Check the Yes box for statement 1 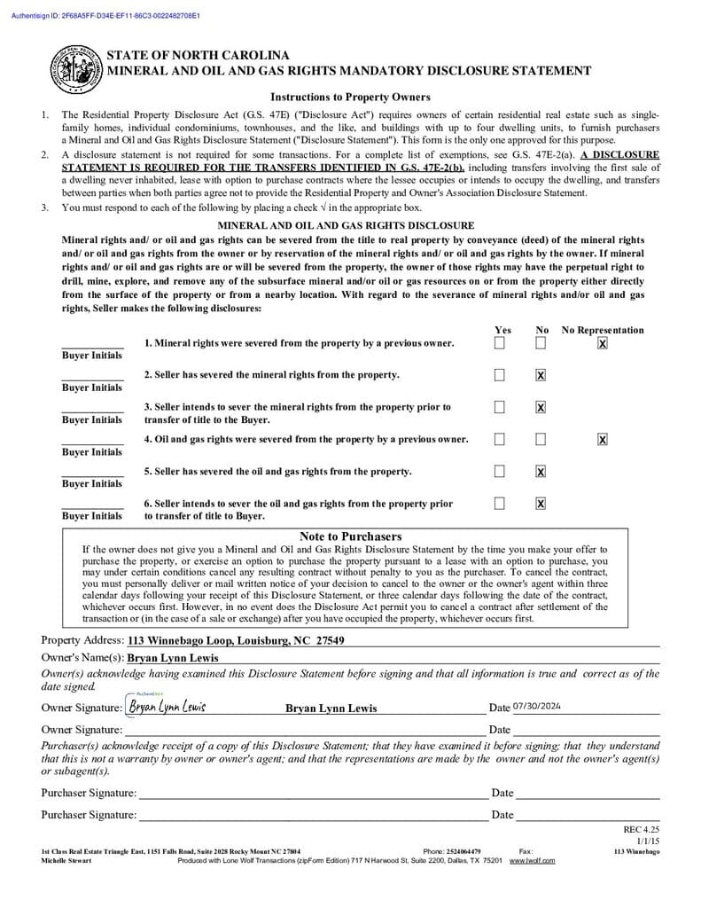click(x=500, y=343)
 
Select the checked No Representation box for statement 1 click(x=603, y=343)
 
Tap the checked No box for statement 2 click(x=541, y=375)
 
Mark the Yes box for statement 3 click(x=500, y=407)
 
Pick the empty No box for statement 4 click(x=541, y=439)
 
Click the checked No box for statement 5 click(x=541, y=471)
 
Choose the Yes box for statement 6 click(x=500, y=503)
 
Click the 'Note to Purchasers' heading click(x=350, y=536)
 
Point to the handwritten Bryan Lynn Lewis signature click(x=167, y=707)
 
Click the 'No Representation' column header click(x=603, y=330)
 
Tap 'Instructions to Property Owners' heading click(x=350, y=98)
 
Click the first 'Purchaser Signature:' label click(x=89, y=793)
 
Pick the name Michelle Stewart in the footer click(x=66, y=860)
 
